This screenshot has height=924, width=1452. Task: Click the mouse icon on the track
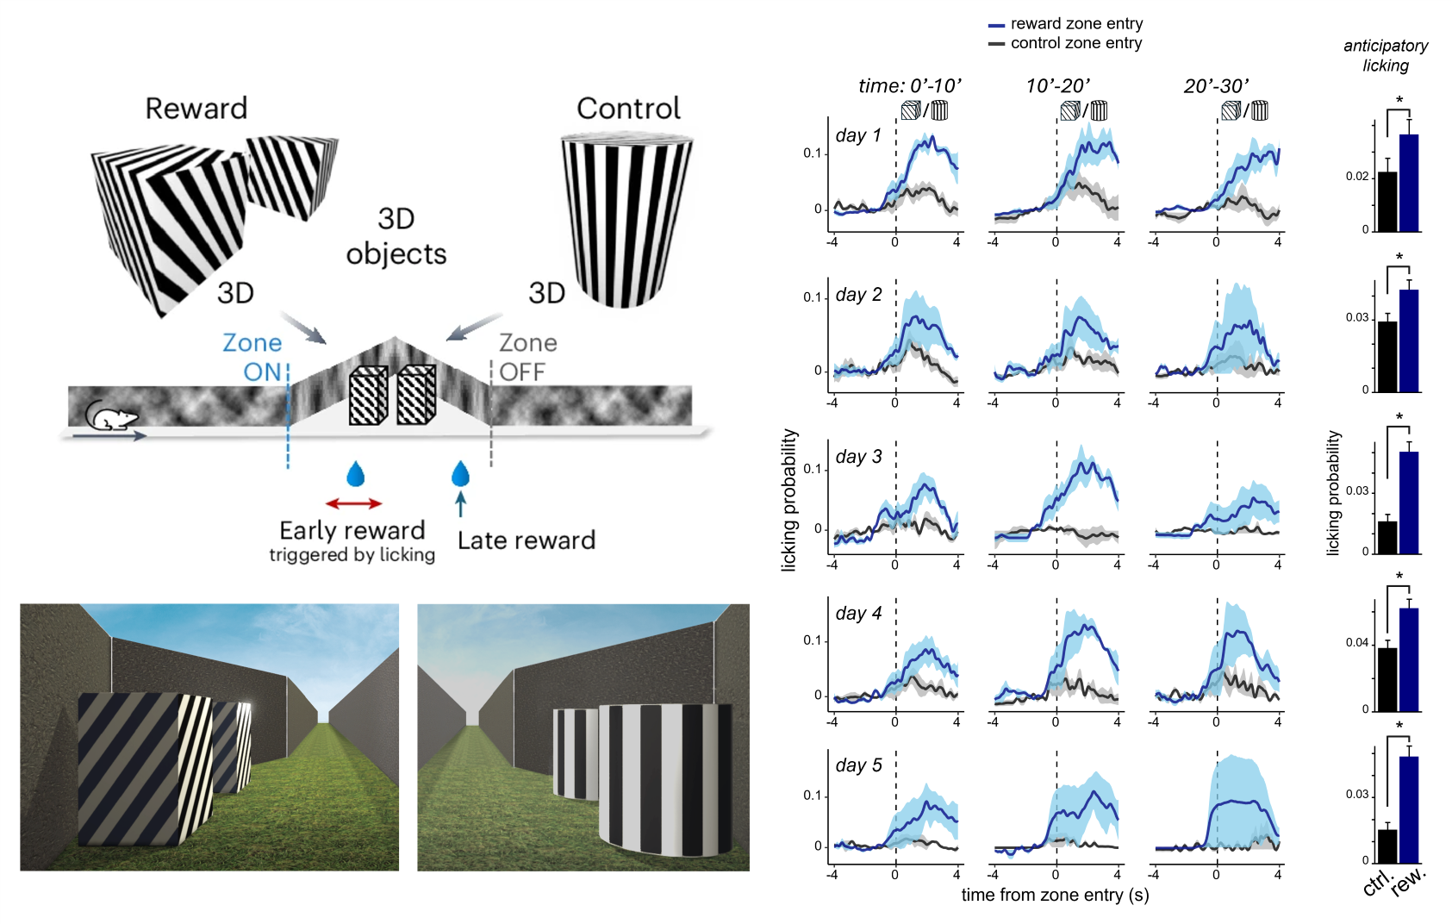click(110, 418)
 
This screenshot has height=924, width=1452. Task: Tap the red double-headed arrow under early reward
click(353, 503)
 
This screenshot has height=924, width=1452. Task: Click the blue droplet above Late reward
click(460, 474)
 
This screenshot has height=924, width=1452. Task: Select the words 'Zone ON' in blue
click(253, 357)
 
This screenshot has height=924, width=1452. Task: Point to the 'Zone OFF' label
click(527, 357)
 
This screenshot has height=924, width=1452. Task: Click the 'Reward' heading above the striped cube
click(196, 109)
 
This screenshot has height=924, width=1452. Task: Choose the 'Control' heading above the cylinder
click(628, 109)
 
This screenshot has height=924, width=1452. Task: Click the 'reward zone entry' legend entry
click(1075, 24)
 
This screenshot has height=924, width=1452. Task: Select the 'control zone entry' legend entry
click(1075, 43)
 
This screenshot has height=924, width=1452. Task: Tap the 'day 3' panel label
click(858, 457)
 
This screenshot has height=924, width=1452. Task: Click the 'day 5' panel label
click(858, 765)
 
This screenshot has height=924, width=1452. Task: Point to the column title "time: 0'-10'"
click(909, 86)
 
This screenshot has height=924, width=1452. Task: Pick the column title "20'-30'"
click(1216, 86)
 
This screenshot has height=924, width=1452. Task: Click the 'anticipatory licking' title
click(1386, 55)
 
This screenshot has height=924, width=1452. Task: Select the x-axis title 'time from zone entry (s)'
click(1055, 896)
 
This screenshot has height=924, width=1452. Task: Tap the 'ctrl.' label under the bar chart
click(1377, 883)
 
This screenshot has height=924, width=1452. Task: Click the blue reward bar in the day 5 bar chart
click(1409, 809)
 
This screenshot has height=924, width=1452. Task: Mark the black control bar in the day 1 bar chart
click(1387, 202)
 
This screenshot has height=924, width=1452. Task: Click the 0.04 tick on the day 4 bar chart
click(1356, 643)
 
